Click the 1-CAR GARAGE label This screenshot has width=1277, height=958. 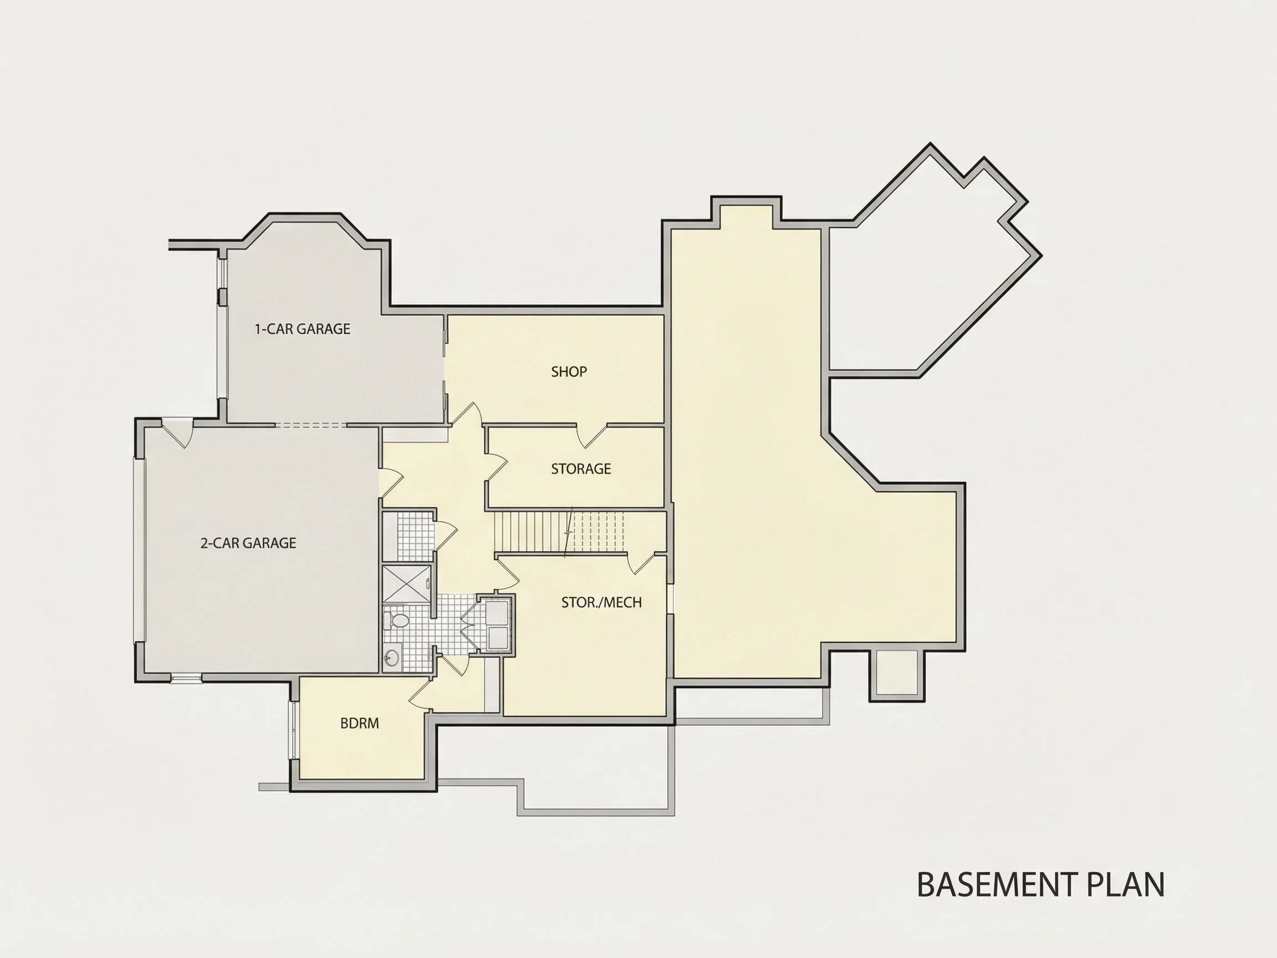(x=303, y=329)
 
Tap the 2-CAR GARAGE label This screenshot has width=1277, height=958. (x=248, y=543)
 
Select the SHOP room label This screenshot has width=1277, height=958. (x=569, y=372)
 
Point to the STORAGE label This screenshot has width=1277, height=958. (x=581, y=469)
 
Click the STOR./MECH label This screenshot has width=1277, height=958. (x=601, y=603)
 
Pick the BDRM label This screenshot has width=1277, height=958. (x=360, y=723)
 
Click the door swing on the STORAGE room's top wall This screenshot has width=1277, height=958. (x=593, y=436)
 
